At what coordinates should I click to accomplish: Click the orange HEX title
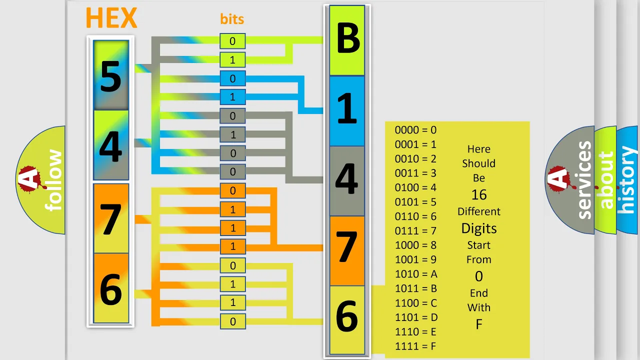pyautogui.click(x=111, y=17)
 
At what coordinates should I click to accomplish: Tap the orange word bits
pyautogui.click(x=232, y=19)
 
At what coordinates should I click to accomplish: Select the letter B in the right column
pyautogui.click(x=348, y=38)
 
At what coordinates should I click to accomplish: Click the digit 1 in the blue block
pyautogui.click(x=347, y=109)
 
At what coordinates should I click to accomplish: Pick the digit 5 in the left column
pyautogui.click(x=111, y=76)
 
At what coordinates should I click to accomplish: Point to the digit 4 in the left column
pyautogui.click(x=111, y=146)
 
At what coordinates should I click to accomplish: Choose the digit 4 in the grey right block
pyautogui.click(x=347, y=179)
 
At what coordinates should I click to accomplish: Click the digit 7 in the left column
pyautogui.click(x=111, y=219)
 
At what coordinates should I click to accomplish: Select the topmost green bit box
pyautogui.click(x=232, y=41)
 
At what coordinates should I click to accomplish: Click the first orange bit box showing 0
pyautogui.click(x=232, y=190)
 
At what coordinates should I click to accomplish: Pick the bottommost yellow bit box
pyautogui.click(x=232, y=321)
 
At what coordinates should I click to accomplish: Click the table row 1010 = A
pyautogui.click(x=416, y=274)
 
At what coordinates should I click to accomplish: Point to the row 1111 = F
pyautogui.click(x=415, y=346)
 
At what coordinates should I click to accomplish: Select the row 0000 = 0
pyautogui.click(x=415, y=130)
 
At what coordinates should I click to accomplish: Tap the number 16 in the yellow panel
pyautogui.click(x=479, y=195)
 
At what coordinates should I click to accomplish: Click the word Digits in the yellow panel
pyautogui.click(x=479, y=228)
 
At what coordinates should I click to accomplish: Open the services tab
pyautogui.click(x=584, y=180)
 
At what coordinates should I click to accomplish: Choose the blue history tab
pyautogui.click(x=627, y=180)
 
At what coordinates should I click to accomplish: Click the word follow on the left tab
pyautogui.click(x=53, y=180)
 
